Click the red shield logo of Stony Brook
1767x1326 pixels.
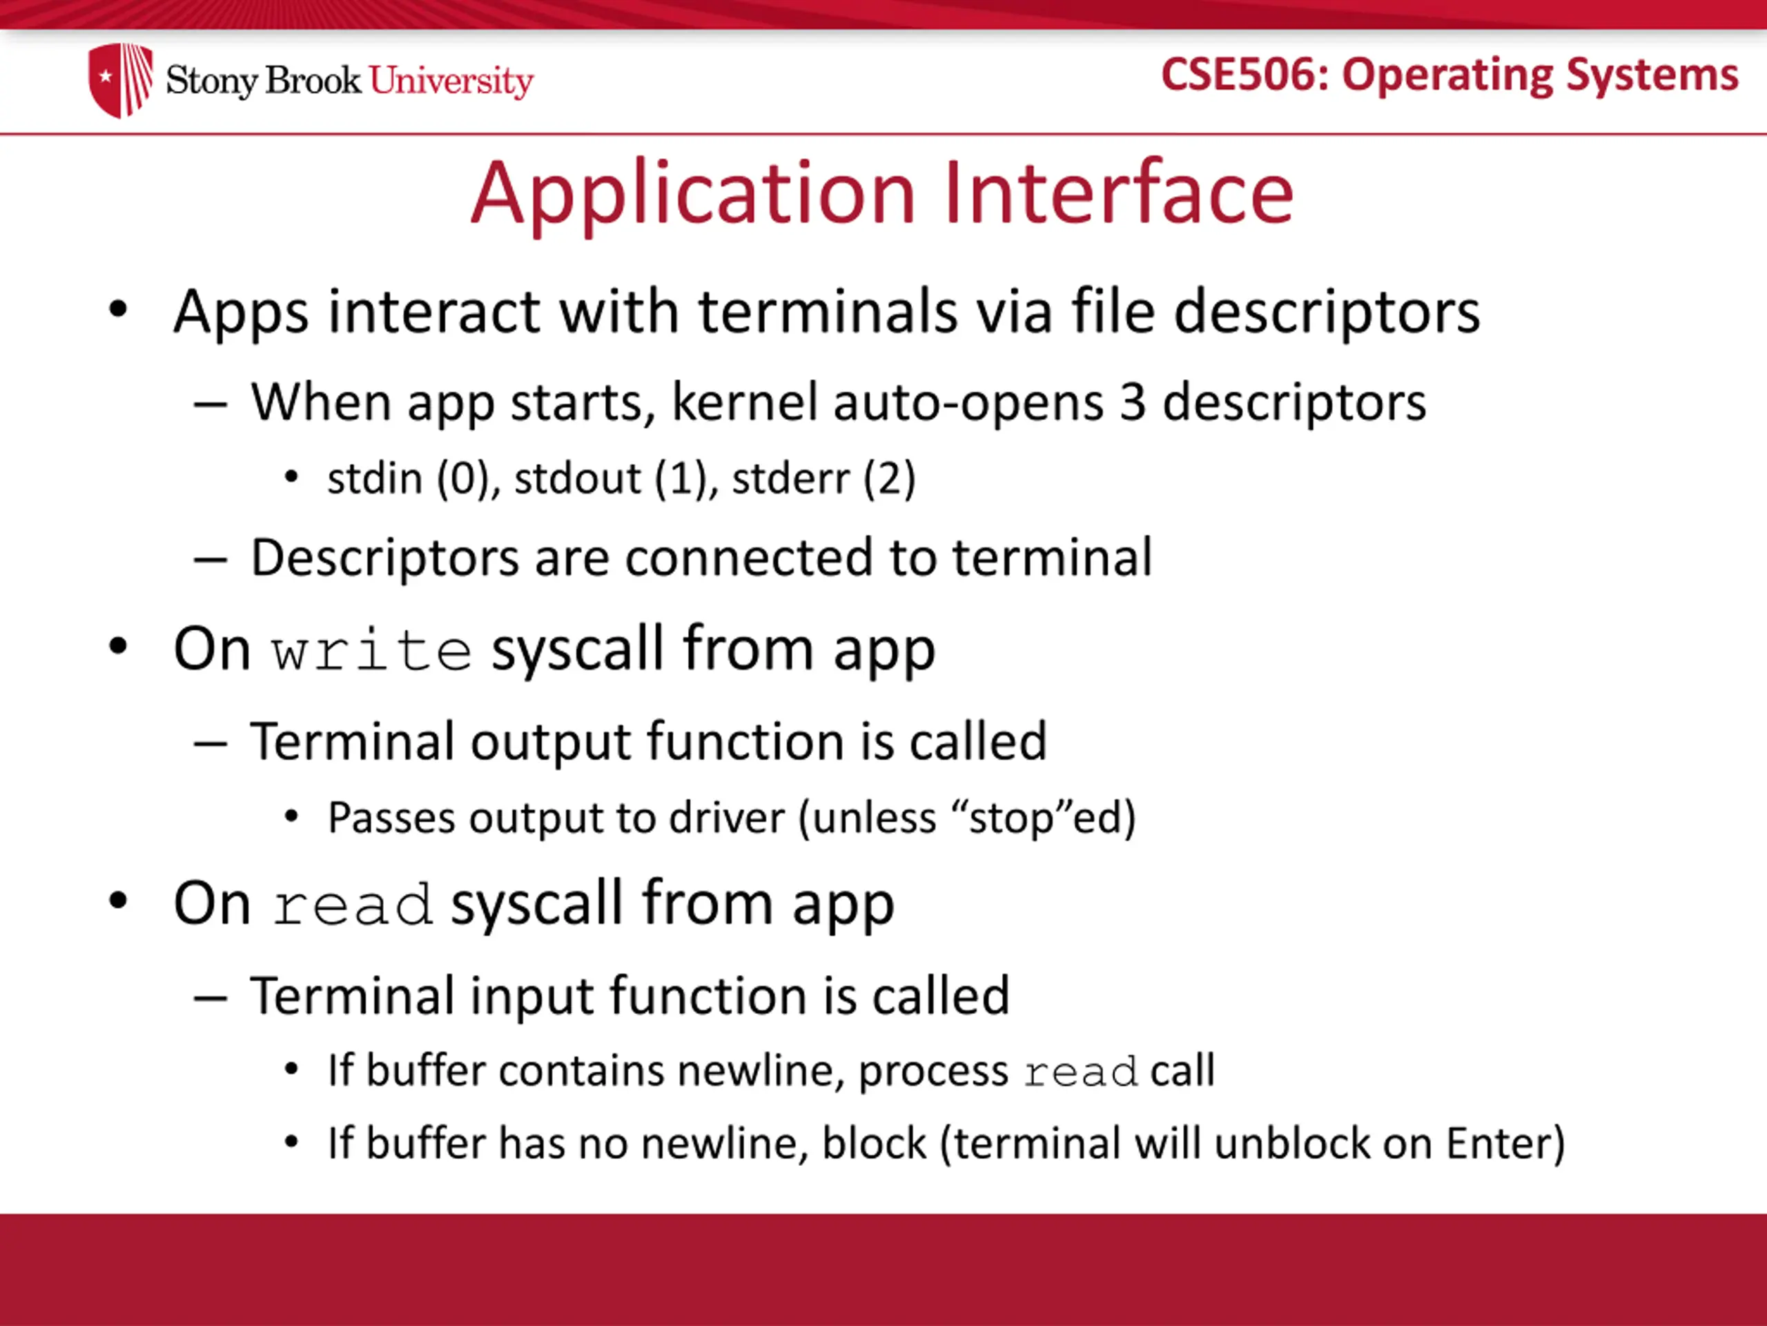point(121,80)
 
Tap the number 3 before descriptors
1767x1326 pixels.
point(1133,402)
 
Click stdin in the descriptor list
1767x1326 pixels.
point(375,479)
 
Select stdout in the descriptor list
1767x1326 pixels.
point(578,479)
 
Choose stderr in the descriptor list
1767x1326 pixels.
point(790,479)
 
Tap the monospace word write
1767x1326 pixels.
point(371,651)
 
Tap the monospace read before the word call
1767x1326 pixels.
point(1081,1073)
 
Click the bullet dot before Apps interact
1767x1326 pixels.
point(118,309)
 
